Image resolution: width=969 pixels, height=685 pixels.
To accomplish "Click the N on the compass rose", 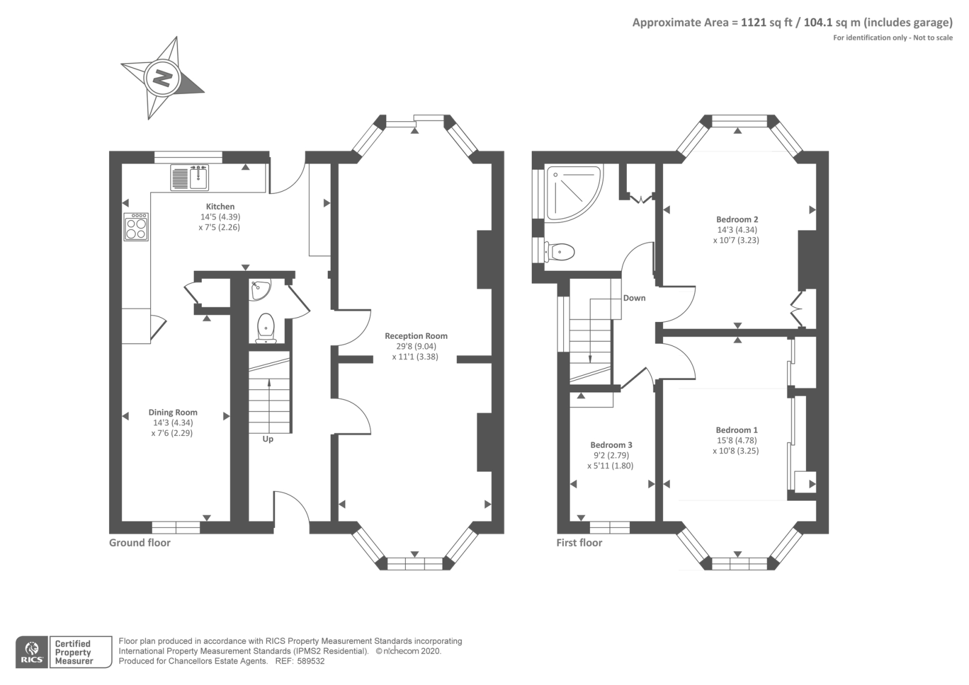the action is point(163,78).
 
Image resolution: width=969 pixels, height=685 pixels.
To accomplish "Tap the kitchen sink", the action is point(190,178).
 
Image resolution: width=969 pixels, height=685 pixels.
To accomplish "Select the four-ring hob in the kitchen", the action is point(136,227).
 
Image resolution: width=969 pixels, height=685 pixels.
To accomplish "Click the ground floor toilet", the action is point(266,328).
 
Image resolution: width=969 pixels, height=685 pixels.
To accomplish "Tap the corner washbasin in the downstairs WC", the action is point(260,290).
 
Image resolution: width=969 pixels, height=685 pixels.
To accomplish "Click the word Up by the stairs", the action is point(268,439).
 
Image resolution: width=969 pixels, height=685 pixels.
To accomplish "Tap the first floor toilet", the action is point(560,252).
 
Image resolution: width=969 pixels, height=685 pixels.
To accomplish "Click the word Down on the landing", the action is point(634,298).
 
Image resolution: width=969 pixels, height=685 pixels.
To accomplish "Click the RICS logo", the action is point(32,652).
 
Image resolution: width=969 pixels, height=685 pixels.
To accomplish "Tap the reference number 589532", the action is point(311,661).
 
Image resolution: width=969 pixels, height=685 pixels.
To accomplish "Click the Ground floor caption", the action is point(140,543).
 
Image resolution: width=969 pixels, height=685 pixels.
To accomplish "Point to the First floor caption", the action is point(579,543).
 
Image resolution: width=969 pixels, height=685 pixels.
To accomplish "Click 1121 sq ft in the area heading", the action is point(767,22).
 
